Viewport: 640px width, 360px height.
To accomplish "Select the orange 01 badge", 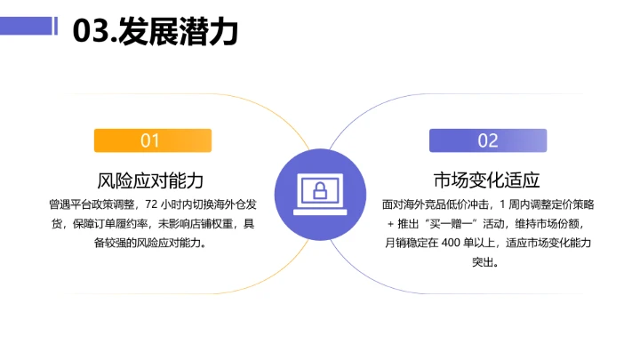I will coord(152,140).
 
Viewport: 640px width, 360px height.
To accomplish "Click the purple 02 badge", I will coord(488,140).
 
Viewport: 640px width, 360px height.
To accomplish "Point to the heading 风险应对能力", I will coord(152,179).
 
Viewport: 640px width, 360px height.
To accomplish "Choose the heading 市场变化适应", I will coord(488,179).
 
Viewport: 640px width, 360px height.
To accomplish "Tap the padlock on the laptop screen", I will coord(319,189).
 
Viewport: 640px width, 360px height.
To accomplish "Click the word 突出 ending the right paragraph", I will coord(488,262).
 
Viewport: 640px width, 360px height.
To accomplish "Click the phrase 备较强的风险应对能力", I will coord(152,243).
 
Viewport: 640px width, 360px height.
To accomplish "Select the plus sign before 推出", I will coord(389,224).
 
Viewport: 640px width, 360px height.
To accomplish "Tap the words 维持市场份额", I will coord(548,223).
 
